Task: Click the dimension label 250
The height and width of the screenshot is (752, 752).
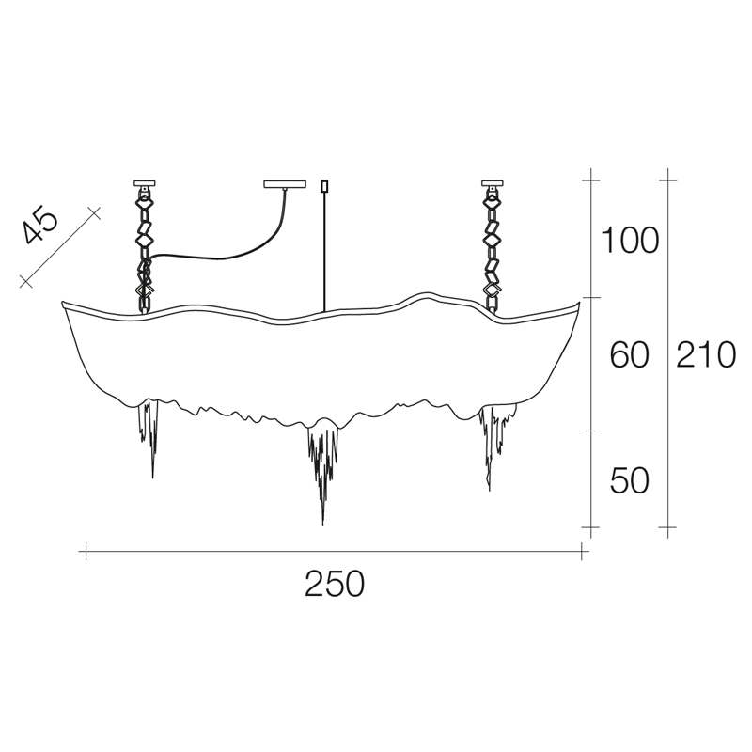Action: coord(335,583)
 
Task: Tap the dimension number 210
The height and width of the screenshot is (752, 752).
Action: coord(706,355)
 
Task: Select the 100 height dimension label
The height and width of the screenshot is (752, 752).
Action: coord(630,241)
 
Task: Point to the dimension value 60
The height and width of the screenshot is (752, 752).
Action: coord(629,355)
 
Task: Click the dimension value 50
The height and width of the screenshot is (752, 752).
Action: coord(629,480)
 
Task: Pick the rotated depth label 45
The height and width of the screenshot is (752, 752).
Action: coord(40,225)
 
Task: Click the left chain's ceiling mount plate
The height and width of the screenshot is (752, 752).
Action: coord(145,182)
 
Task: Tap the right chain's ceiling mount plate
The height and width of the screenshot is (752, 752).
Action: coord(493,182)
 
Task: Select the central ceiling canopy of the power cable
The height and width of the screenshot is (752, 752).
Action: coord(285,183)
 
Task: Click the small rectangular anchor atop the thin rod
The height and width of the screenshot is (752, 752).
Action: coord(324,185)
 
